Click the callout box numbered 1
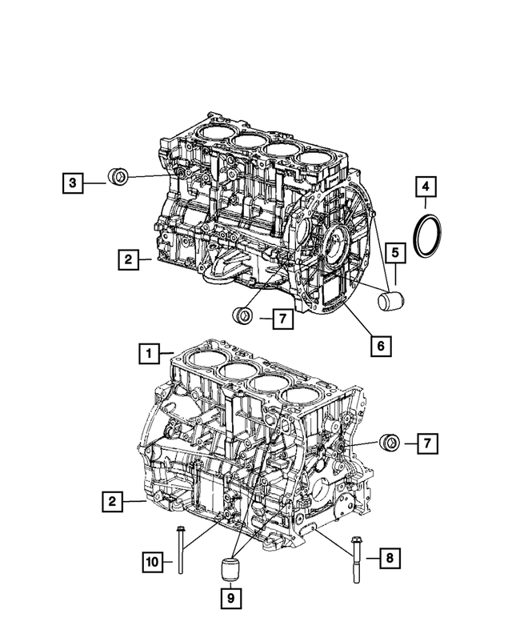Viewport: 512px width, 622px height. [146, 351]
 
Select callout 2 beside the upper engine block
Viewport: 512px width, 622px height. [126, 259]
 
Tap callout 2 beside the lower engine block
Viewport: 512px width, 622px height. [113, 502]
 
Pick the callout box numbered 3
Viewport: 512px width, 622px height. [73, 183]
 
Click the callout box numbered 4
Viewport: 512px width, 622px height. [426, 187]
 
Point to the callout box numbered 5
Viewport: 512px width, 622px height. [394, 254]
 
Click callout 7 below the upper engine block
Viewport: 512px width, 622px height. [282, 319]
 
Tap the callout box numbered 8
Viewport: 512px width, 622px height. [388, 558]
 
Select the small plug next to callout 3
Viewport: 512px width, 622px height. [118, 175]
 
